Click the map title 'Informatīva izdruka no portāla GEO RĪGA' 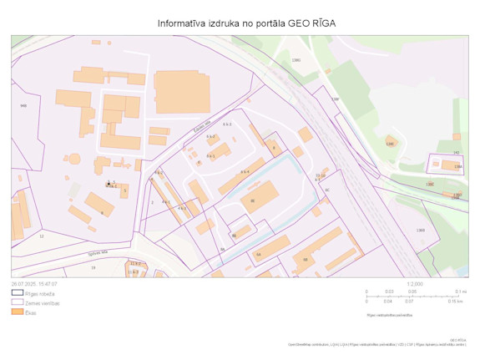point(246,23)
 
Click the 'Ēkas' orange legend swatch point(18,311)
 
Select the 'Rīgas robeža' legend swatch point(18,294)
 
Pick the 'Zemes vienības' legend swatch point(18,302)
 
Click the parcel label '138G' point(296,60)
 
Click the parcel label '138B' point(421,230)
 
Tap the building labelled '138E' point(389,143)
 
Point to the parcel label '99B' point(23,106)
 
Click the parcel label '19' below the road point(93,267)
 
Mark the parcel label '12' point(41,236)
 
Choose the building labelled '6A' point(259,254)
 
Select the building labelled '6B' point(306,260)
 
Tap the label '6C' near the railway point(327,190)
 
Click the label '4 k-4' point(245,171)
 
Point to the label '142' point(456,152)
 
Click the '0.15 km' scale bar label point(455,301)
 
